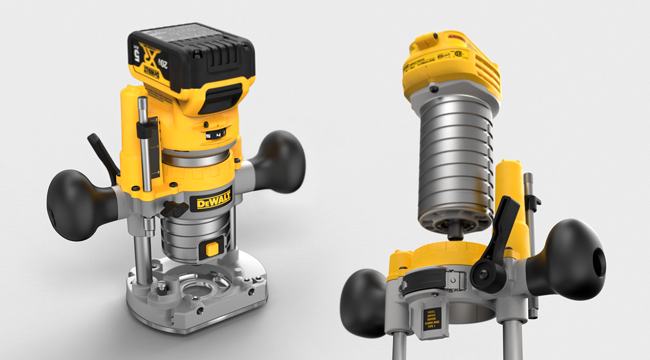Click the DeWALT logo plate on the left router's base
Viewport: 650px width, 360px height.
click(211, 202)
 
